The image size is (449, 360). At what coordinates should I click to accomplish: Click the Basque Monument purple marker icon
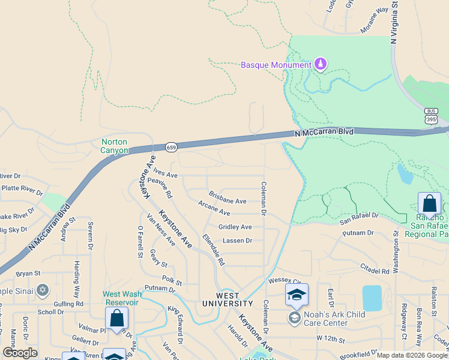click(x=321, y=64)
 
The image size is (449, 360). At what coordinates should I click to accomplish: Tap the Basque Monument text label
click(x=276, y=65)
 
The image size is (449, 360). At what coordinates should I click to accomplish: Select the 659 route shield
click(x=171, y=147)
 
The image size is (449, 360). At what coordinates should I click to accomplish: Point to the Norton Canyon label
click(x=114, y=146)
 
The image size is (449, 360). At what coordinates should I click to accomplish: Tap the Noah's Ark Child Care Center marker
click(x=294, y=318)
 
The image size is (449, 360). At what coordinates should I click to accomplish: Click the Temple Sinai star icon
click(x=42, y=291)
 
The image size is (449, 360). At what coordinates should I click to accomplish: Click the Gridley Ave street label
click(x=235, y=227)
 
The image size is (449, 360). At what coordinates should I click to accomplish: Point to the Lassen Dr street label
click(x=237, y=241)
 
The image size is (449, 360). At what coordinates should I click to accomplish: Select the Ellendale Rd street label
click(x=213, y=250)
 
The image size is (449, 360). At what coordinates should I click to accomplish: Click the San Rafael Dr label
click(x=360, y=218)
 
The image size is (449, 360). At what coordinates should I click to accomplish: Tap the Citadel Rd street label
click(x=375, y=268)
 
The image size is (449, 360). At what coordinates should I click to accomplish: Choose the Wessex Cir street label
click(x=285, y=280)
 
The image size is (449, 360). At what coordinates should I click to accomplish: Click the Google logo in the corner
click(x=20, y=353)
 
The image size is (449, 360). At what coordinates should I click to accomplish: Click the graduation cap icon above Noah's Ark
click(x=297, y=295)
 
